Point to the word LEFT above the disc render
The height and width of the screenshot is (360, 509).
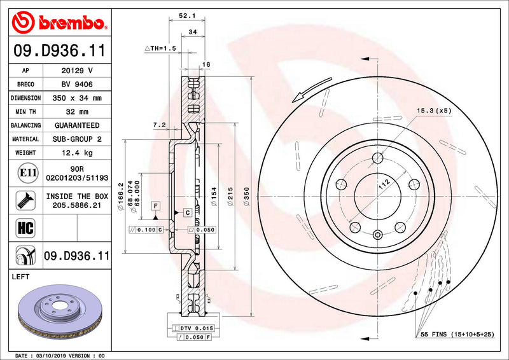[22, 277]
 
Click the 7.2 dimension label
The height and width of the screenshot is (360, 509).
[160, 125]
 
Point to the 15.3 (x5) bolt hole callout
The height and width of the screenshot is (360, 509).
[434, 111]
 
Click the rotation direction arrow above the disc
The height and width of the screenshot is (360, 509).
[313, 88]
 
